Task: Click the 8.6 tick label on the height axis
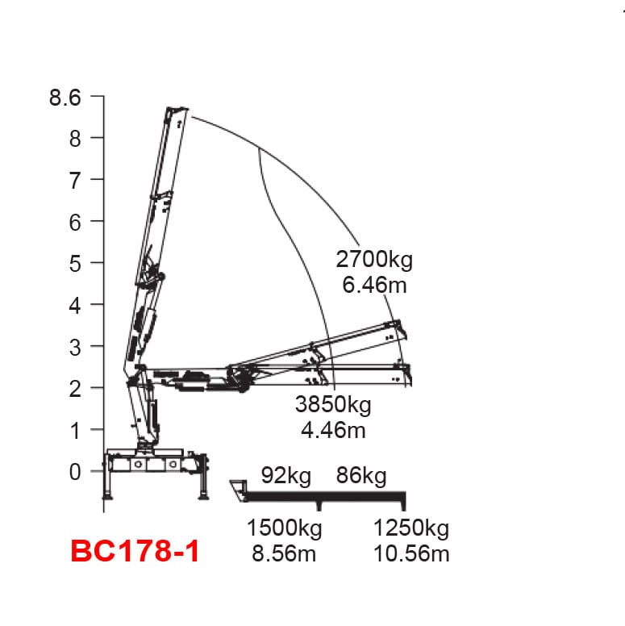point(65,98)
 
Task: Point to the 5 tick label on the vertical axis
point(75,264)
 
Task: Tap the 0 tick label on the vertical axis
point(75,472)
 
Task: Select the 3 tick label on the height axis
point(75,348)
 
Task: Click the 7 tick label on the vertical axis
point(75,181)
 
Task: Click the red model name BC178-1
point(135,551)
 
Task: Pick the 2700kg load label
point(374,260)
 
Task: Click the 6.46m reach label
point(374,285)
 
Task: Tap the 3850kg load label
point(333,404)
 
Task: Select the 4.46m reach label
point(333,431)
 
